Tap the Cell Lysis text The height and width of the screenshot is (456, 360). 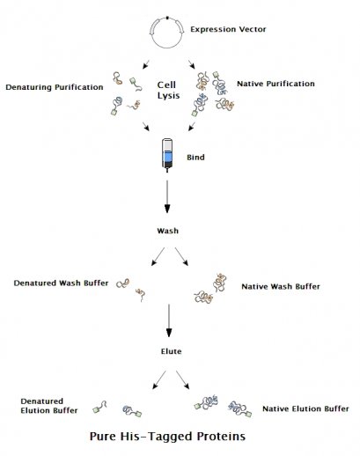167,88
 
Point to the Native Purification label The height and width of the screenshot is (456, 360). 276,84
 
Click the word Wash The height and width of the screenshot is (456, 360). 167,231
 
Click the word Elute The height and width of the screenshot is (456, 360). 167,349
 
